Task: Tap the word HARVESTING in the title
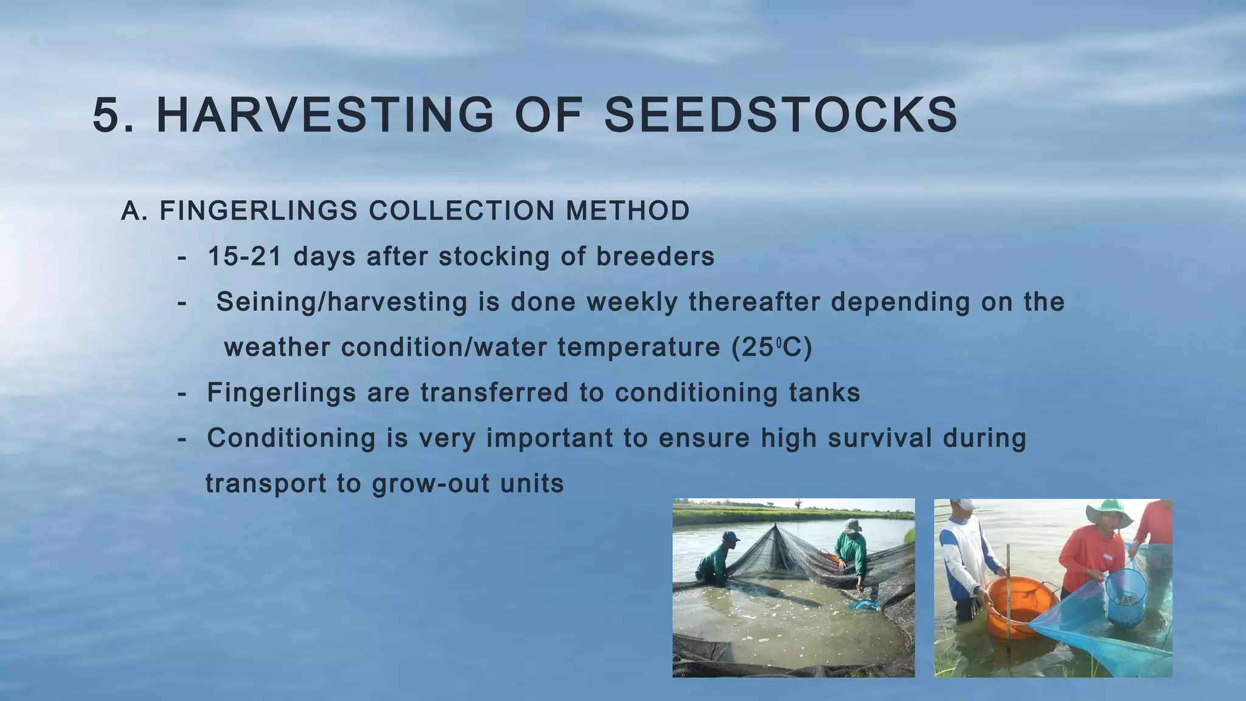pos(325,116)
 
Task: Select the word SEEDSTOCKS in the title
pos(781,116)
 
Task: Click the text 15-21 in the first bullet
pos(245,256)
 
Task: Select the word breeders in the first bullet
pos(655,256)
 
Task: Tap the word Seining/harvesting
pos(341,302)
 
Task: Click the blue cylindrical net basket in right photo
pos(1126,596)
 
